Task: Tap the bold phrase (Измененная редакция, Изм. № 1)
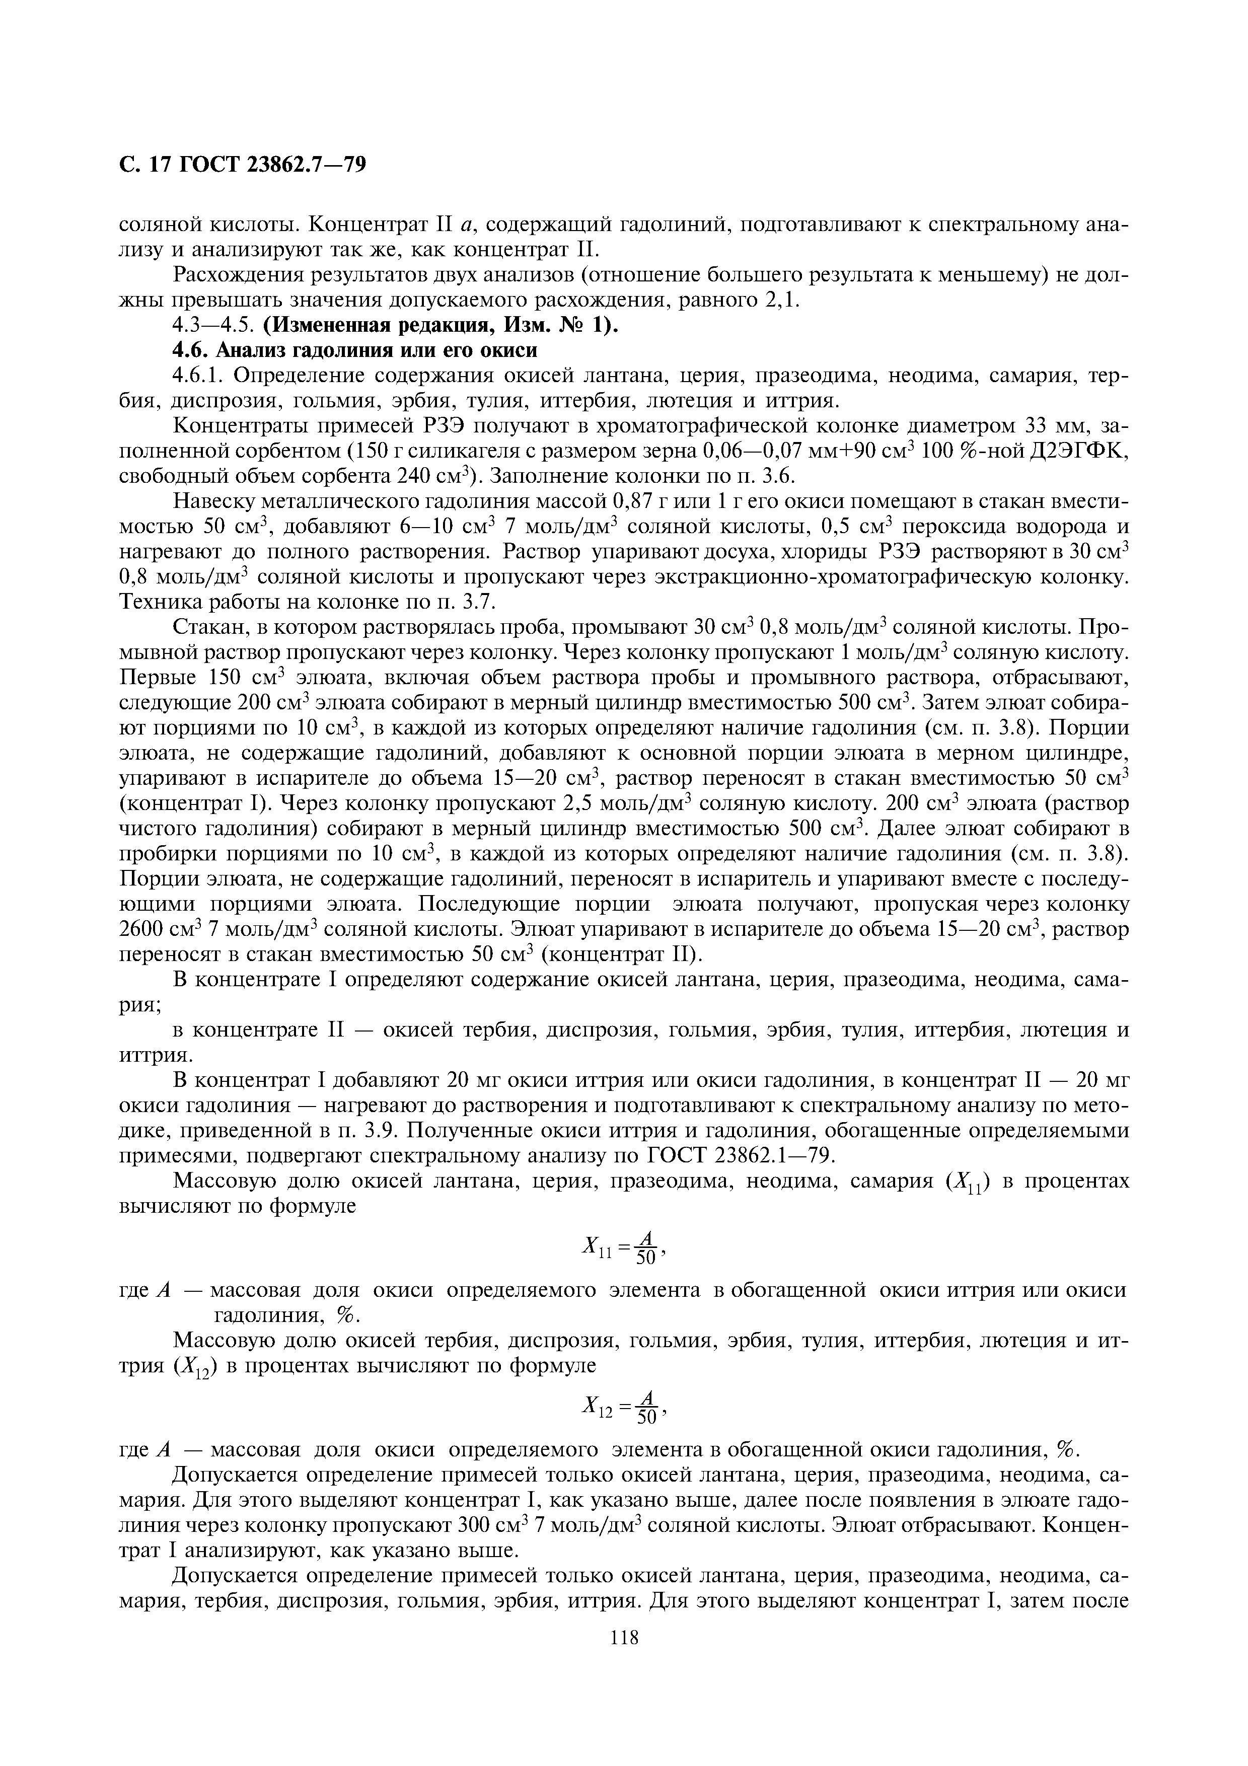[x=441, y=325]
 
